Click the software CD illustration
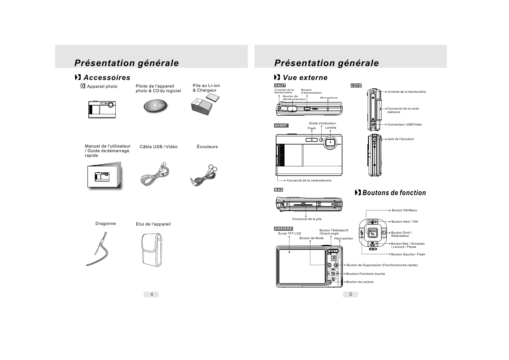tap(155, 106)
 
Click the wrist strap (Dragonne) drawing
tap(100, 250)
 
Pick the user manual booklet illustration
tap(104, 176)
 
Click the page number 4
tap(151, 294)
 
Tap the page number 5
tap(350, 294)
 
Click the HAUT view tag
tap(280, 86)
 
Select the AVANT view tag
tap(281, 126)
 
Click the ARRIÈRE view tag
tap(283, 229)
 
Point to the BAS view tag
tap(278, 190)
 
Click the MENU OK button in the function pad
tap(373, 233)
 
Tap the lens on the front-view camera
tap(330, 142)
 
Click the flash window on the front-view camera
tap(312, 140)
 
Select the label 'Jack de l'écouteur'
tap(401, 139)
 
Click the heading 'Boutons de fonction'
tap(394, 193)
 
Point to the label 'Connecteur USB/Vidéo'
tap(405, 125)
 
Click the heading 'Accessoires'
tap(107, 78)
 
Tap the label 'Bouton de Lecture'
tap(360, 282)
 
